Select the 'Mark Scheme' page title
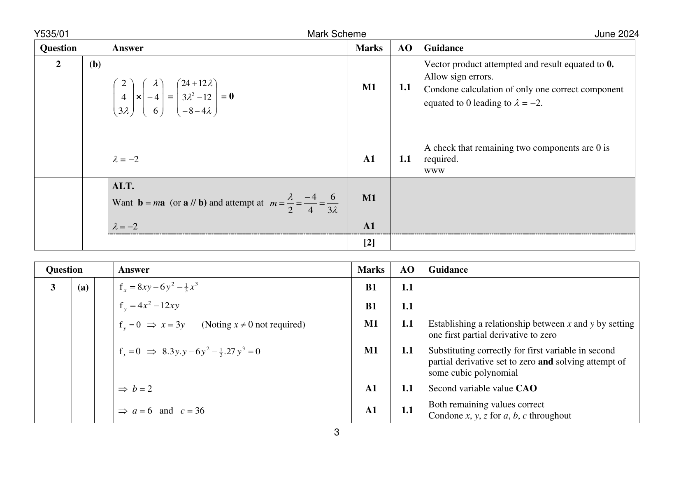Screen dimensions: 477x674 [x=336, y=34]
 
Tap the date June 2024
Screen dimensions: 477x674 [x=616, y=34]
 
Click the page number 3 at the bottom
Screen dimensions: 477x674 [x=337, y=432]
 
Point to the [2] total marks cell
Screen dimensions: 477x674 [x=369, y=243]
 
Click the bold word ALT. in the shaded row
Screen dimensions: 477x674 [x=123, y=186]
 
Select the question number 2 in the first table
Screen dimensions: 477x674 [x=58, y=64]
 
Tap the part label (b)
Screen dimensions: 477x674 [x=95, y=64]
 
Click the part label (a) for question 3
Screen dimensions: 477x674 [x=83, y=288]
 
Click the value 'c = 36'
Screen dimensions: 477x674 [x=192, y=411]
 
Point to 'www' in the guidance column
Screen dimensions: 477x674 [x=434, y=170]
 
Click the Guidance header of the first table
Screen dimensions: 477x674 [x=444, y=48]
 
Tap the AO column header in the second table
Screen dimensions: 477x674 [x=407, y=270]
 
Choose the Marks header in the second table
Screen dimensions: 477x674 [x=371, y=270]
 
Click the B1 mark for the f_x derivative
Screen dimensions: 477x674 [x=371, y=288]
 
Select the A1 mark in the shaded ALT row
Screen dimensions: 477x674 [x=369, y=226]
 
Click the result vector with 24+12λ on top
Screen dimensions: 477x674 [x=197, y=97]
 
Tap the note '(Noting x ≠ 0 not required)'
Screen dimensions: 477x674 [x=253, y=325]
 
